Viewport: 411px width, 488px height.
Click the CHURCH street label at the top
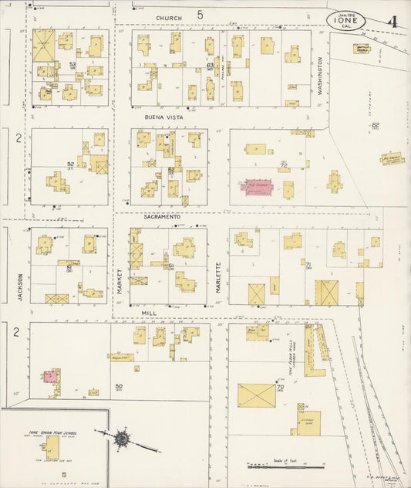[x=169, y=17]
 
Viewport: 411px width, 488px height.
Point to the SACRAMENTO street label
[x=161, y=218]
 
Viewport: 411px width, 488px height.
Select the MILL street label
[x=149, y=314]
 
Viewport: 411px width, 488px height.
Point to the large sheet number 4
[x=392, y=21]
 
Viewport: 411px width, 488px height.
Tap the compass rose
[x=122, y=439]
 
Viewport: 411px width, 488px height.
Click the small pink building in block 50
[x=51, y=376]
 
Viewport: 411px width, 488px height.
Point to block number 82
[x=376, y=124]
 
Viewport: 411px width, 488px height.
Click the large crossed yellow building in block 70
[x=258, y=396]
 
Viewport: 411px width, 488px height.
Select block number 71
[x=308, y=265]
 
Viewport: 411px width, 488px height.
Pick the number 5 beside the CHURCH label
[x=200, y=15]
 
